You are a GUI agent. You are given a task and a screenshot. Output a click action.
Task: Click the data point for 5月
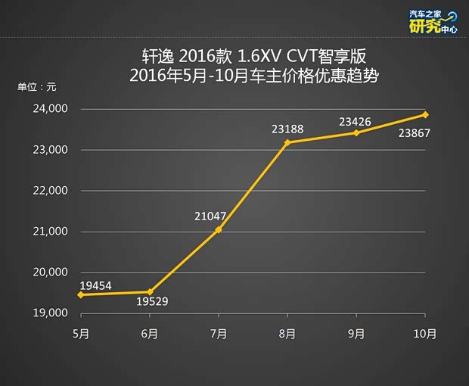coord(80,294)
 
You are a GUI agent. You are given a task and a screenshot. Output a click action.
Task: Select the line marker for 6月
coord(150,291)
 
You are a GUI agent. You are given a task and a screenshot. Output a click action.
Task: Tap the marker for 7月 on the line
coord(219,229)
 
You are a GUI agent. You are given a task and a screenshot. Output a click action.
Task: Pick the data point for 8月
coord(287,142)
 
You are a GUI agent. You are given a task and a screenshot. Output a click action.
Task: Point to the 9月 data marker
coord(356,132)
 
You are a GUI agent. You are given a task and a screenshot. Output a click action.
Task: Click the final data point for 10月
coord(426,114)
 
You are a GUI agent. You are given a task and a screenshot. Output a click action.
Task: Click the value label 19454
coord(97,286)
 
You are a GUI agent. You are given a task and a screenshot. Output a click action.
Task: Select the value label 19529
coord(153,302)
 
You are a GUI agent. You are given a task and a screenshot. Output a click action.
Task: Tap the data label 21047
coord(210,216)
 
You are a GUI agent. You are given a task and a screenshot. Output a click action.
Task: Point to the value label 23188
coord(287,129)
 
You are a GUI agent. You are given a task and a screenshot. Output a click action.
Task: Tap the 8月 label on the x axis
coord(287,333)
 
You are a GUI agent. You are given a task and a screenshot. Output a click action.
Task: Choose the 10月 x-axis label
coord(426,333)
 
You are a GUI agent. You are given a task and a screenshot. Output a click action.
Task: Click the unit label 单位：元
coord(37,86)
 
